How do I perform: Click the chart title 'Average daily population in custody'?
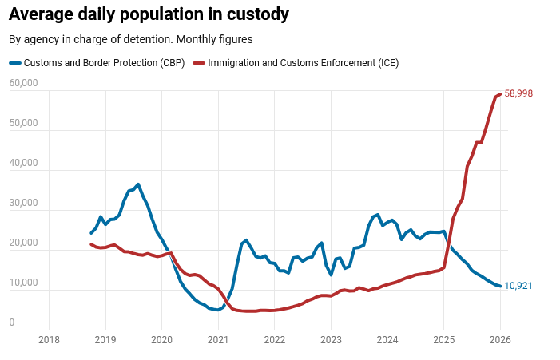pos(149,14)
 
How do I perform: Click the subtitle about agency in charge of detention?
pos(131,39)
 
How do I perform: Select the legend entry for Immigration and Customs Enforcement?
pos(303,63)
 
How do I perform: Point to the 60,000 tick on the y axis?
pos(23,84)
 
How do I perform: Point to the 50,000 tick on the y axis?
pos(23,124)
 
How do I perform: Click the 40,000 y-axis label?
pos(23,164)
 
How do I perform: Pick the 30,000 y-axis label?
pos(23,204)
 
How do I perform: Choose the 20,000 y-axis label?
pos(23,243)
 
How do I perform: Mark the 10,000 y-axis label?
pos(23,283)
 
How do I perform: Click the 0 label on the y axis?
pos(12,323)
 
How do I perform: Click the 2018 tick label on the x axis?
pos(49,339)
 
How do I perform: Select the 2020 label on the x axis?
pos(161,339)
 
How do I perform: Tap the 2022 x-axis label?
pos(274,339)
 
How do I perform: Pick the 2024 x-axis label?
pos(387,339)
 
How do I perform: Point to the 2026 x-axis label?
pos(499,339)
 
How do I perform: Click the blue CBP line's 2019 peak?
pos(137,184)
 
